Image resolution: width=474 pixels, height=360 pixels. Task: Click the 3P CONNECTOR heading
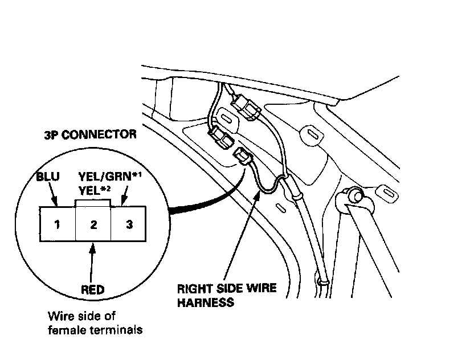(90, 135)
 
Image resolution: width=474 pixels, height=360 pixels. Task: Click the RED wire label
(93, 290)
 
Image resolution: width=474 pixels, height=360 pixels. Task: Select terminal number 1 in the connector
(57, 224)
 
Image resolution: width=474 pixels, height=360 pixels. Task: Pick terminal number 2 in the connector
(93, 224)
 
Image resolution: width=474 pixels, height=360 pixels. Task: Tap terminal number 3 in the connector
(129, 224)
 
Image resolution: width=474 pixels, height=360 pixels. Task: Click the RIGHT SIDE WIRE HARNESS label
(227, 294)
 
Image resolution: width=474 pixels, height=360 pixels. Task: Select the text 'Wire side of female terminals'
(94, 322)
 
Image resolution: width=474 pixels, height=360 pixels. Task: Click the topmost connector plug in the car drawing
(246, 107)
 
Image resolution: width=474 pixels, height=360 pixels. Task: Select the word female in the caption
(63, 329)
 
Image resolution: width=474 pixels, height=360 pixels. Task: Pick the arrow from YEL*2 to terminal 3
(124, 199)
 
